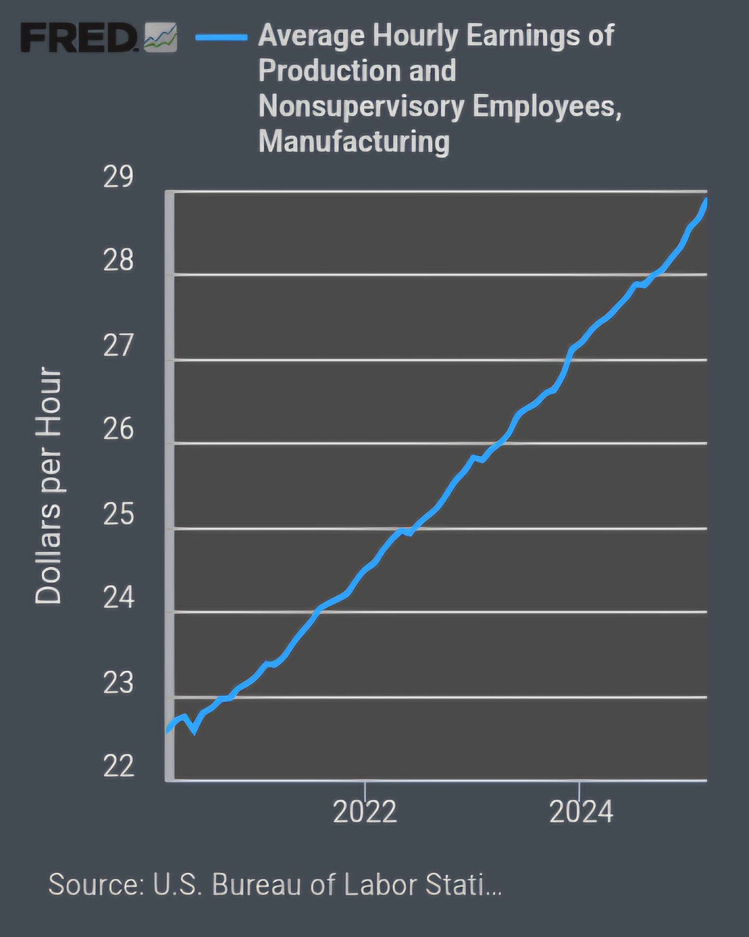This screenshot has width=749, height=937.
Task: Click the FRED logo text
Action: pos(78,37)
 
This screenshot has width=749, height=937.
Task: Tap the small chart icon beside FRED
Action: pos(160,37)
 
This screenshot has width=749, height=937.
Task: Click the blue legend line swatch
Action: pos(222,37)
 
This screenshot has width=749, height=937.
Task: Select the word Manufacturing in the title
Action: pos(354,141)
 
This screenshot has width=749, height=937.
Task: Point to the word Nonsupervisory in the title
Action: pos(361,106)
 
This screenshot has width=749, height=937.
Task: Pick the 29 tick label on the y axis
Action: pos(119,177)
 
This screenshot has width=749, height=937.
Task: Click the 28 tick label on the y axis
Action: pos(119,260)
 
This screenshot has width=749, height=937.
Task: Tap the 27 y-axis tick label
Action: pos(119,346)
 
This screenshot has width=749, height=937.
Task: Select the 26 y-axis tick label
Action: pos(119,429)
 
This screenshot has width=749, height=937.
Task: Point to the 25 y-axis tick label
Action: pos(119,514)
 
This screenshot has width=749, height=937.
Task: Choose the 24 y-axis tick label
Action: pos(119,598)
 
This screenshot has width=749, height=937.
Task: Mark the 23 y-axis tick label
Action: pos(119,683)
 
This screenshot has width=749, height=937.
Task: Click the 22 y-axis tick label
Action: pos(119,766)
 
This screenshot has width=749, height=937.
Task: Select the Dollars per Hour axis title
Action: pos(48,486)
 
